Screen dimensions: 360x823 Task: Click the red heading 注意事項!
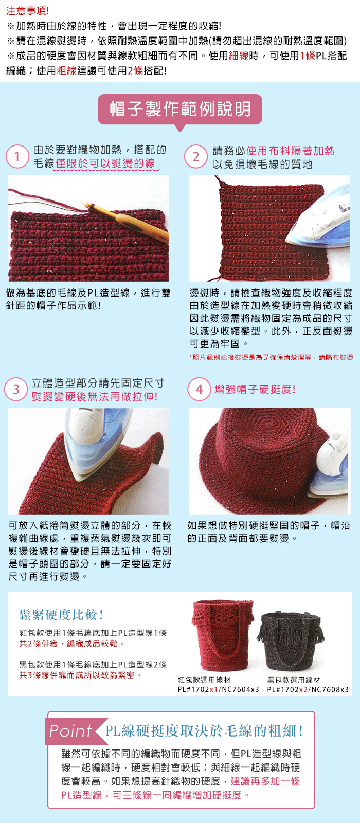tap(28, 11)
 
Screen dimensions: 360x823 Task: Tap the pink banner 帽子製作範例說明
tap(180, 109)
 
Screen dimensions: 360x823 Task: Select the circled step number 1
tap(17, 156)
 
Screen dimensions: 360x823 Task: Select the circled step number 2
tap(196, 156)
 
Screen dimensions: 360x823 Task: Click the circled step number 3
tap(16, 389)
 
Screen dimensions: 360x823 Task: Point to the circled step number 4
tap(200, 389)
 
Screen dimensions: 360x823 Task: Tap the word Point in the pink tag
tap(70, 731)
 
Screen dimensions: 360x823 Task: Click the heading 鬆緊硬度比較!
tap(61, 614)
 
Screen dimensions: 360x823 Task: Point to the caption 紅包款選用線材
tap(204, 680)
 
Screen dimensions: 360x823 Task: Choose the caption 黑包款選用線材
tap(294, 680)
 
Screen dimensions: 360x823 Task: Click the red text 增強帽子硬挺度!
tap(255, 389)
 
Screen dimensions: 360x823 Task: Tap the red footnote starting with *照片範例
tap(271, 357)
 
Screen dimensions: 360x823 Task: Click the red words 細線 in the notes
tap(239, 56)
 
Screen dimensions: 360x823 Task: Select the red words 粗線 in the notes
tap(66, 70)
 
